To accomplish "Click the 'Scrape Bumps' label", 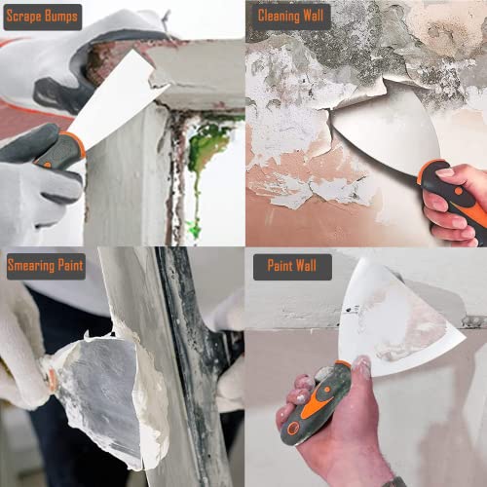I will click(43, 17).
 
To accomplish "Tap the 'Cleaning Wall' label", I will click(292, 17).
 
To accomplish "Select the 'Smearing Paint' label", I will click(46, 265).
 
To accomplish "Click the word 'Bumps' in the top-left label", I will click(61, 17).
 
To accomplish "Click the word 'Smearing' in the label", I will click(33, 265).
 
